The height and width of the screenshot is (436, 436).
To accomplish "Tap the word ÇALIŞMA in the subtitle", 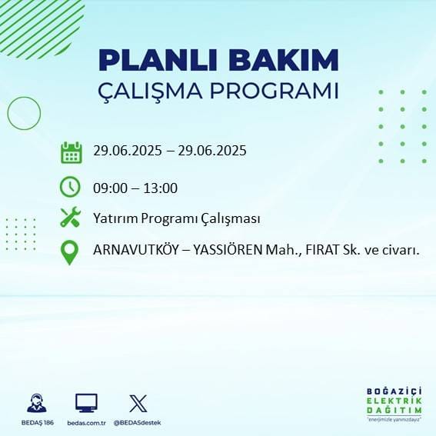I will click(x=154, y=91).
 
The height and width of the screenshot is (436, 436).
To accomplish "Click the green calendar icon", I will click(x=71, y=152).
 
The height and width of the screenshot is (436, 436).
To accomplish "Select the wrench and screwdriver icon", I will click(x=71, y=218).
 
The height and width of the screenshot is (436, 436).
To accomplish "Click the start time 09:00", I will click(x=109, y=188).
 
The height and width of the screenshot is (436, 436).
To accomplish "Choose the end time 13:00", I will click(x=161, y=188).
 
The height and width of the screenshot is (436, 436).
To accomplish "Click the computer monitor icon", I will click(x=86, y=402).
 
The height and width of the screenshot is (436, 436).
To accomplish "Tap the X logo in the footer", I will click(x=138, y=402).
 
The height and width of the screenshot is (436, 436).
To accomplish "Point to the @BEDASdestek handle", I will click(x=138, y=423).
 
